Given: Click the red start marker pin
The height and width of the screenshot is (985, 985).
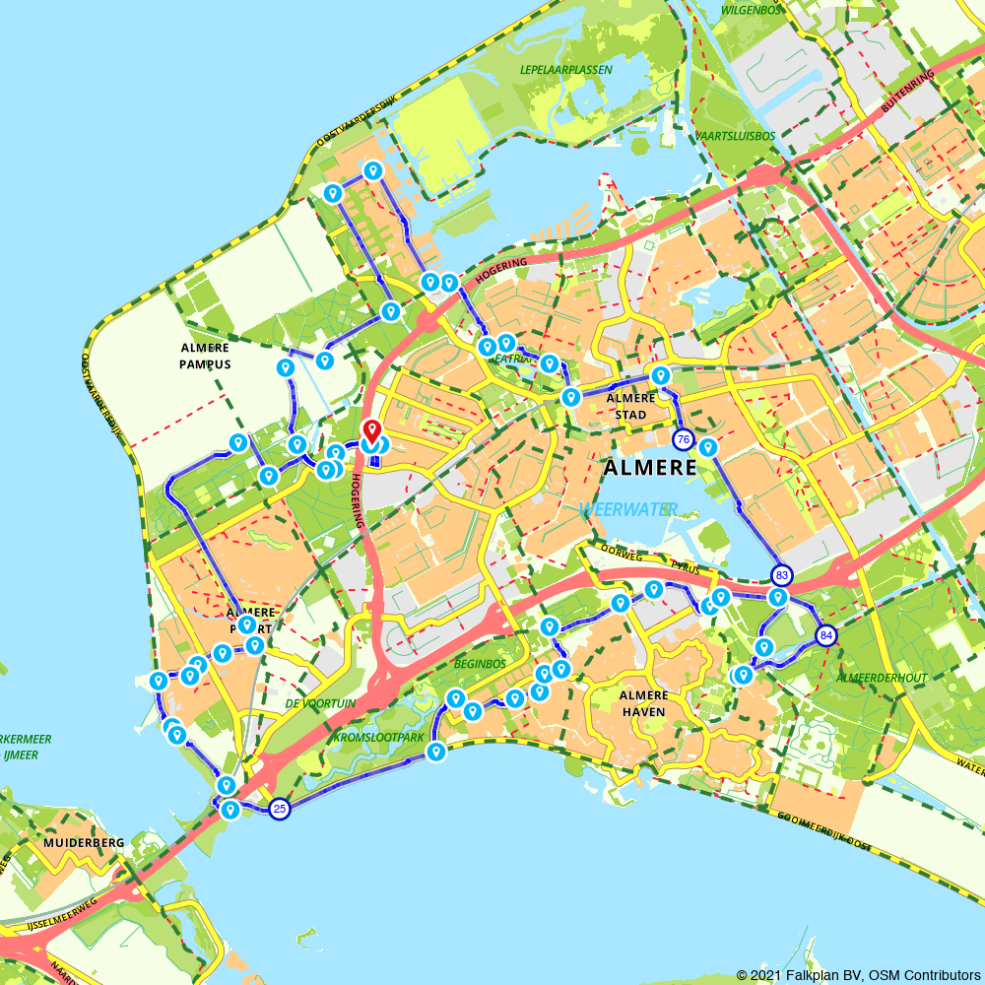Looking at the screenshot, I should [371, 431].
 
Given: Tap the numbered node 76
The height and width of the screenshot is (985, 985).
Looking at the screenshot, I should [683, 438].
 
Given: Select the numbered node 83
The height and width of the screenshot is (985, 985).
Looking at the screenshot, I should [781, 574].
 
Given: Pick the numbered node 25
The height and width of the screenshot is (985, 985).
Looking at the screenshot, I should [280, 809].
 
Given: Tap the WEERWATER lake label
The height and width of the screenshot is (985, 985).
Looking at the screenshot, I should [628, 509].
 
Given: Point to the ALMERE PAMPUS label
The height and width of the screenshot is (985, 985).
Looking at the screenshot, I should [205, 356].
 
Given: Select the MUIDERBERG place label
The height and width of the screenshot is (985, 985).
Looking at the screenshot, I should [84, 843].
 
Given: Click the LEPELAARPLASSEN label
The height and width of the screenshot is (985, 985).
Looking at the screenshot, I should [566, 70].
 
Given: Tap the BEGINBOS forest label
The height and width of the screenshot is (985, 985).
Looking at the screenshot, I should [480, 664].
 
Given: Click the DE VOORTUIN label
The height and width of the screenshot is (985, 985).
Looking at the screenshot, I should [320, 703].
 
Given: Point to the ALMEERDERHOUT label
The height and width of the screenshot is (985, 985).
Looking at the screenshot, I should [881, 678].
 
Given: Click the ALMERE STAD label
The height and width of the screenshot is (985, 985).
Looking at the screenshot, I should [630, 406].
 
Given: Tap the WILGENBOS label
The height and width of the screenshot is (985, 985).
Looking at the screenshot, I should [752, 10].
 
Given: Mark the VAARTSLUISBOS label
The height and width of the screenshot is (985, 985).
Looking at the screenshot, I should [735, 135].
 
